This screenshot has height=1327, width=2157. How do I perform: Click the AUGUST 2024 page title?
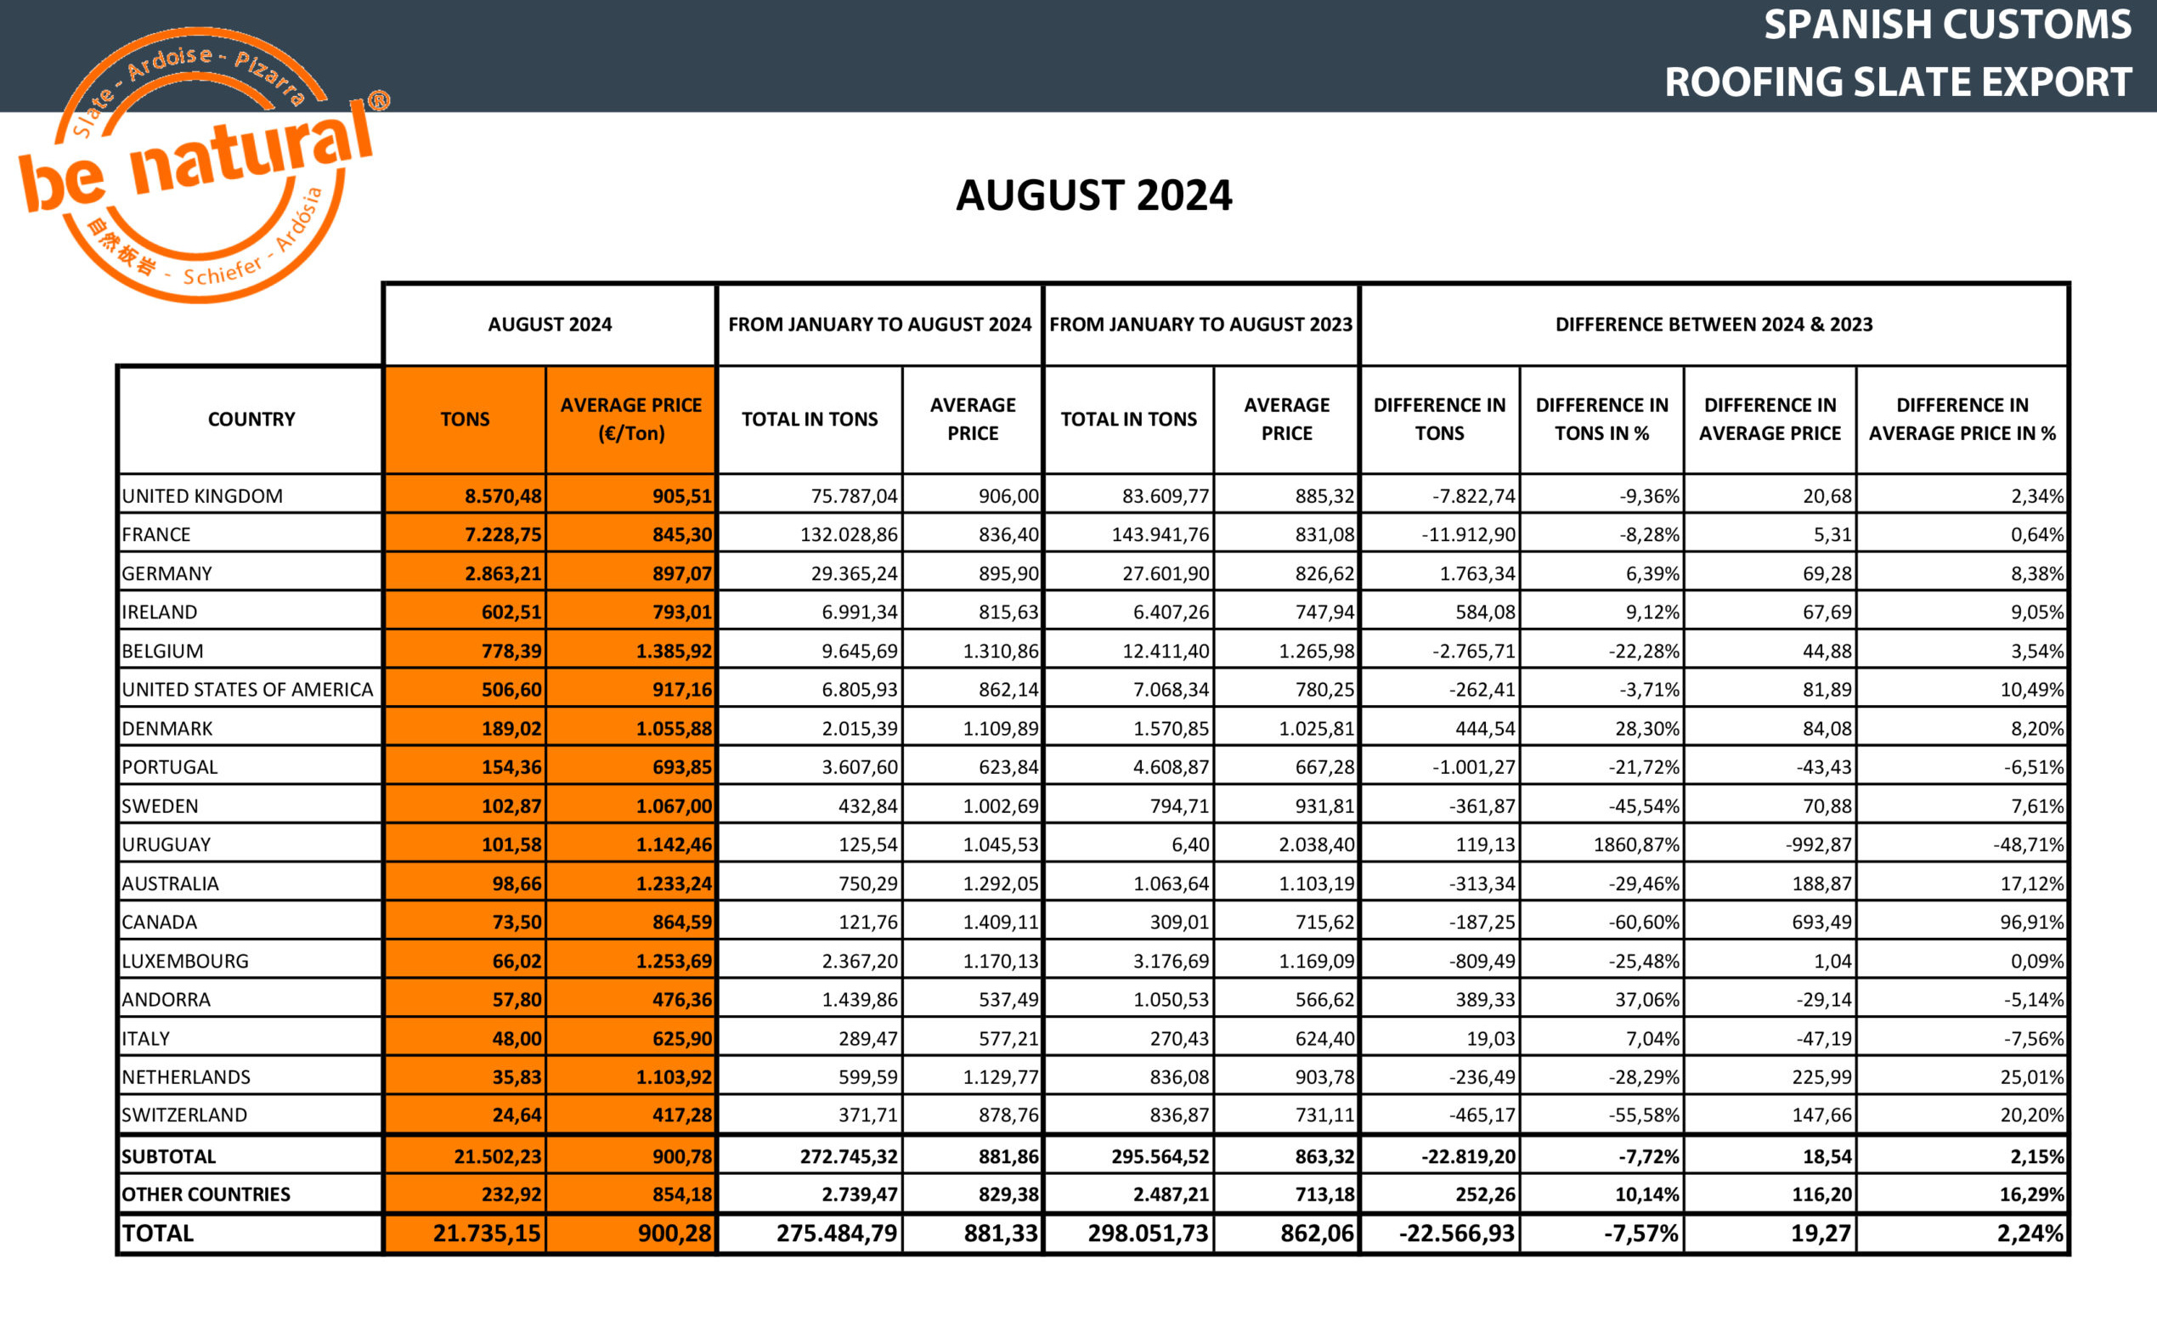point(1093,195)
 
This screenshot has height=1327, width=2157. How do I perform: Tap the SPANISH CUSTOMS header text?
point(1946,25)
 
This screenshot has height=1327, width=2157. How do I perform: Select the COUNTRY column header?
point(251,420)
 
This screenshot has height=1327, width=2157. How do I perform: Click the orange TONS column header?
point(465,420)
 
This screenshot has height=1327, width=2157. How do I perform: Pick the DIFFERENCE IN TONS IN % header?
point(1601,420)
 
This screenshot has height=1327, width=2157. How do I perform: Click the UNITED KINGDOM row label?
point(203,496)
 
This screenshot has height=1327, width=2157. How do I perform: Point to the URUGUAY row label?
point(167,844)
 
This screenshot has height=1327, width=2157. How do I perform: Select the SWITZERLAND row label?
point(184,1115)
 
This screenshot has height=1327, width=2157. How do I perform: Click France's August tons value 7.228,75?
point(503,534)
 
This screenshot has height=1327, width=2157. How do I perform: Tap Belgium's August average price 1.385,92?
point(674,652)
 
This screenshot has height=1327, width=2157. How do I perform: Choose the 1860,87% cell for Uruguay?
point(1635,844)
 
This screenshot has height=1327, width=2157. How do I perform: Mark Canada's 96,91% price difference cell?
point(2031,922)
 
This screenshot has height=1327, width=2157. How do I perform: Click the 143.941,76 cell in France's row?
point(1160,534)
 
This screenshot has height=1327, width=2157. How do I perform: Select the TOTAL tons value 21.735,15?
point(487,1233)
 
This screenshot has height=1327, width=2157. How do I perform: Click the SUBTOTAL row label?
point(168,1156)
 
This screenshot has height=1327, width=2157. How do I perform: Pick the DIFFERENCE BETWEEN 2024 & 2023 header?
point(1714,325)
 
